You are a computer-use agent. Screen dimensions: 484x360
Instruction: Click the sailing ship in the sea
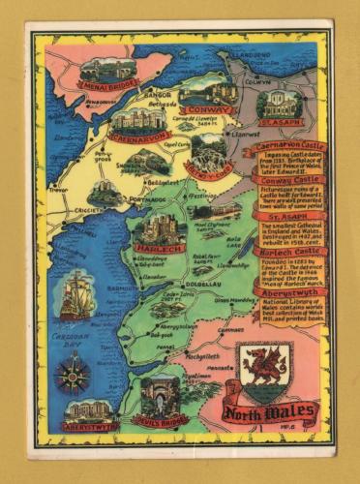coord(76,296)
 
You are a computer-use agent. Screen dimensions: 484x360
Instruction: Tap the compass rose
coord(74,373)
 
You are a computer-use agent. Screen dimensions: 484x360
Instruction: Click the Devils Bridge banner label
coord(160,423)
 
